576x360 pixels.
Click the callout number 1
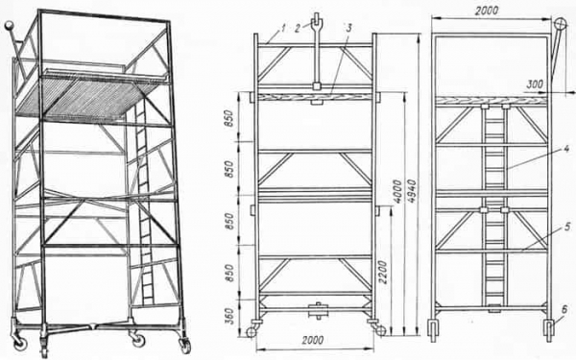(282, 29)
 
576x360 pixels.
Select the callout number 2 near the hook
(298, 29)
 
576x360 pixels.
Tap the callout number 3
(348, 28)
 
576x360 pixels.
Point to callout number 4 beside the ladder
(566, 149)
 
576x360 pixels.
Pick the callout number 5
(567, 227)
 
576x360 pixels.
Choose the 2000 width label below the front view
(313, 340)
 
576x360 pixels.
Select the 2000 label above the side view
(487, 11)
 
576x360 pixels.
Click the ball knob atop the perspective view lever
(10, 26)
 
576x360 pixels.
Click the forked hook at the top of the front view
(317, 53)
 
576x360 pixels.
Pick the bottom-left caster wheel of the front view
(252, 332)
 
